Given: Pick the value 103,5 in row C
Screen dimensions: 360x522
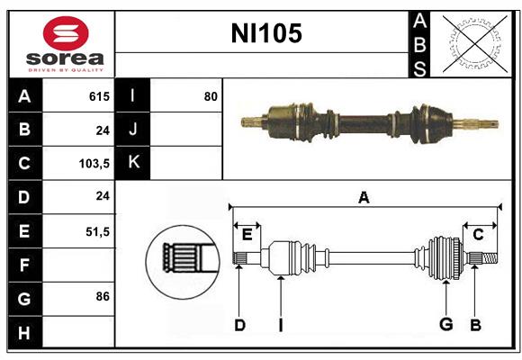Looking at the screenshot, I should click(x=94, y=164).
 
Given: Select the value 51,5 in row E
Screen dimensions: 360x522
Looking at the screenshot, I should click(x=97, y=231).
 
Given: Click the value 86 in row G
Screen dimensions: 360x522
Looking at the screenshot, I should click(x=103, y=296).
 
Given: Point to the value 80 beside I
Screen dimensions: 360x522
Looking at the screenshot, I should click(x=211, y=96).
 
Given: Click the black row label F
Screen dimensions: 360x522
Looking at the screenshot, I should click(x=24, y=265).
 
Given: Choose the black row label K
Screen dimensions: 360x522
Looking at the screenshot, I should click(x=133, y=163).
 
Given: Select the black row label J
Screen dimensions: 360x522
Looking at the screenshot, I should click(x=133, y=130).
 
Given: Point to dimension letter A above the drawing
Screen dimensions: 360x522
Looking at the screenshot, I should click(x=364, y=198).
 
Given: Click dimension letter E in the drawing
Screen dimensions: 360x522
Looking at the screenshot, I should click(x=247, y=234).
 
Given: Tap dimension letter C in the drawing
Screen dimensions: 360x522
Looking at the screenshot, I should click(x=479, y=234).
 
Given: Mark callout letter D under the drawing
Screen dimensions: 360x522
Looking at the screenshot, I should click(x=239, y=325).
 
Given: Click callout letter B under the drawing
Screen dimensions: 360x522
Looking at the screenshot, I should click(x=475, y=325).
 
